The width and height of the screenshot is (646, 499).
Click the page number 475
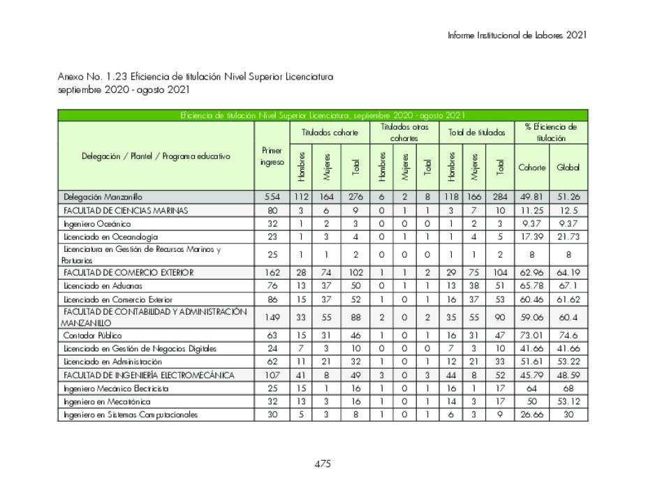coord(322,463)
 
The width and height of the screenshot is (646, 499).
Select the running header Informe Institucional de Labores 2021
coord(517,35)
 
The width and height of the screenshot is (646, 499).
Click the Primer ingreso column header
coord(272,156)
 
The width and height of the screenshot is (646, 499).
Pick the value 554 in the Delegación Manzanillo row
coord(272,197)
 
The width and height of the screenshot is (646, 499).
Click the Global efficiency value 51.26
coord(568,197)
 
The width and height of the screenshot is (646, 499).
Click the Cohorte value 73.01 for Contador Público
coord(531,336)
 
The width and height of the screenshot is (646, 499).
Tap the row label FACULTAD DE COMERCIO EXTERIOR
coord(129,272)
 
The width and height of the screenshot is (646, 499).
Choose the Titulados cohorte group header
coord(330,133)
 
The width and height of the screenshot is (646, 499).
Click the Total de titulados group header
coord(477,133)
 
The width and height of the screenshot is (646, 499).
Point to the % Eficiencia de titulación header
coord(550,133)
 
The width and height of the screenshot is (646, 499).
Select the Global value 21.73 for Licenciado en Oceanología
coord(568,237)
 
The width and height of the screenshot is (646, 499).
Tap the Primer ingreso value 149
coord(272,318)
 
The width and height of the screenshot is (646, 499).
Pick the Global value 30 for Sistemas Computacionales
coord(568,415)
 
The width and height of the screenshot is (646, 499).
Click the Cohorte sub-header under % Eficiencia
coord(531,167)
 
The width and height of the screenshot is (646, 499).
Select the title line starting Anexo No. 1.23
coord(196,77)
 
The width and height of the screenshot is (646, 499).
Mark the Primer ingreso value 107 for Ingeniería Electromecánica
coord(272,375)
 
